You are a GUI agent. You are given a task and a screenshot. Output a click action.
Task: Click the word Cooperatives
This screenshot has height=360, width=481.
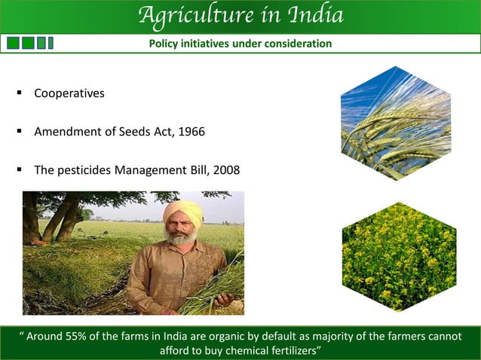click(69, 94)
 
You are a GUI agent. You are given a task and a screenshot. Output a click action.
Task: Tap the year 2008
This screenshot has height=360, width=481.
click(227, 170)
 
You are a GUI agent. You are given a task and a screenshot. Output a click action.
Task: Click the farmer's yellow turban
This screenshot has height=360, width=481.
click(182, 212)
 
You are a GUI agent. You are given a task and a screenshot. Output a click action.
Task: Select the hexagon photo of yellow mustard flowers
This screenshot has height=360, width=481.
click(399, 256)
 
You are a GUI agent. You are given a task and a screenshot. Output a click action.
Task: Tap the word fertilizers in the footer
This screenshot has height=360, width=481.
click(288, 350)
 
